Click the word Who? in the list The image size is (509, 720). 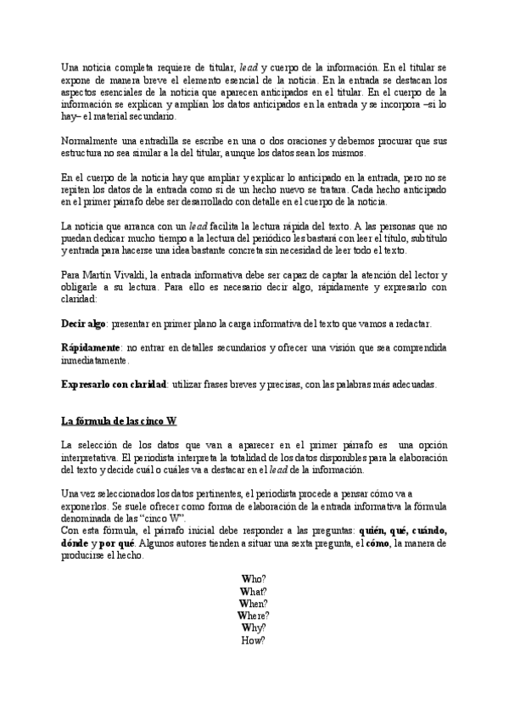254,580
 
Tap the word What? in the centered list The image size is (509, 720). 254,592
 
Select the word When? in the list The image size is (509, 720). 254,604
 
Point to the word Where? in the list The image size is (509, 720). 254,616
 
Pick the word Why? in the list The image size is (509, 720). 254,627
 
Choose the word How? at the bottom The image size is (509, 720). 254,640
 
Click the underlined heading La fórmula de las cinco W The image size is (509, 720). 118,421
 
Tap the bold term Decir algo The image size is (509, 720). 83,324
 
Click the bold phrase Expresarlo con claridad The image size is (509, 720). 114,385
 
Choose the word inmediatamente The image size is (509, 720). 97,360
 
